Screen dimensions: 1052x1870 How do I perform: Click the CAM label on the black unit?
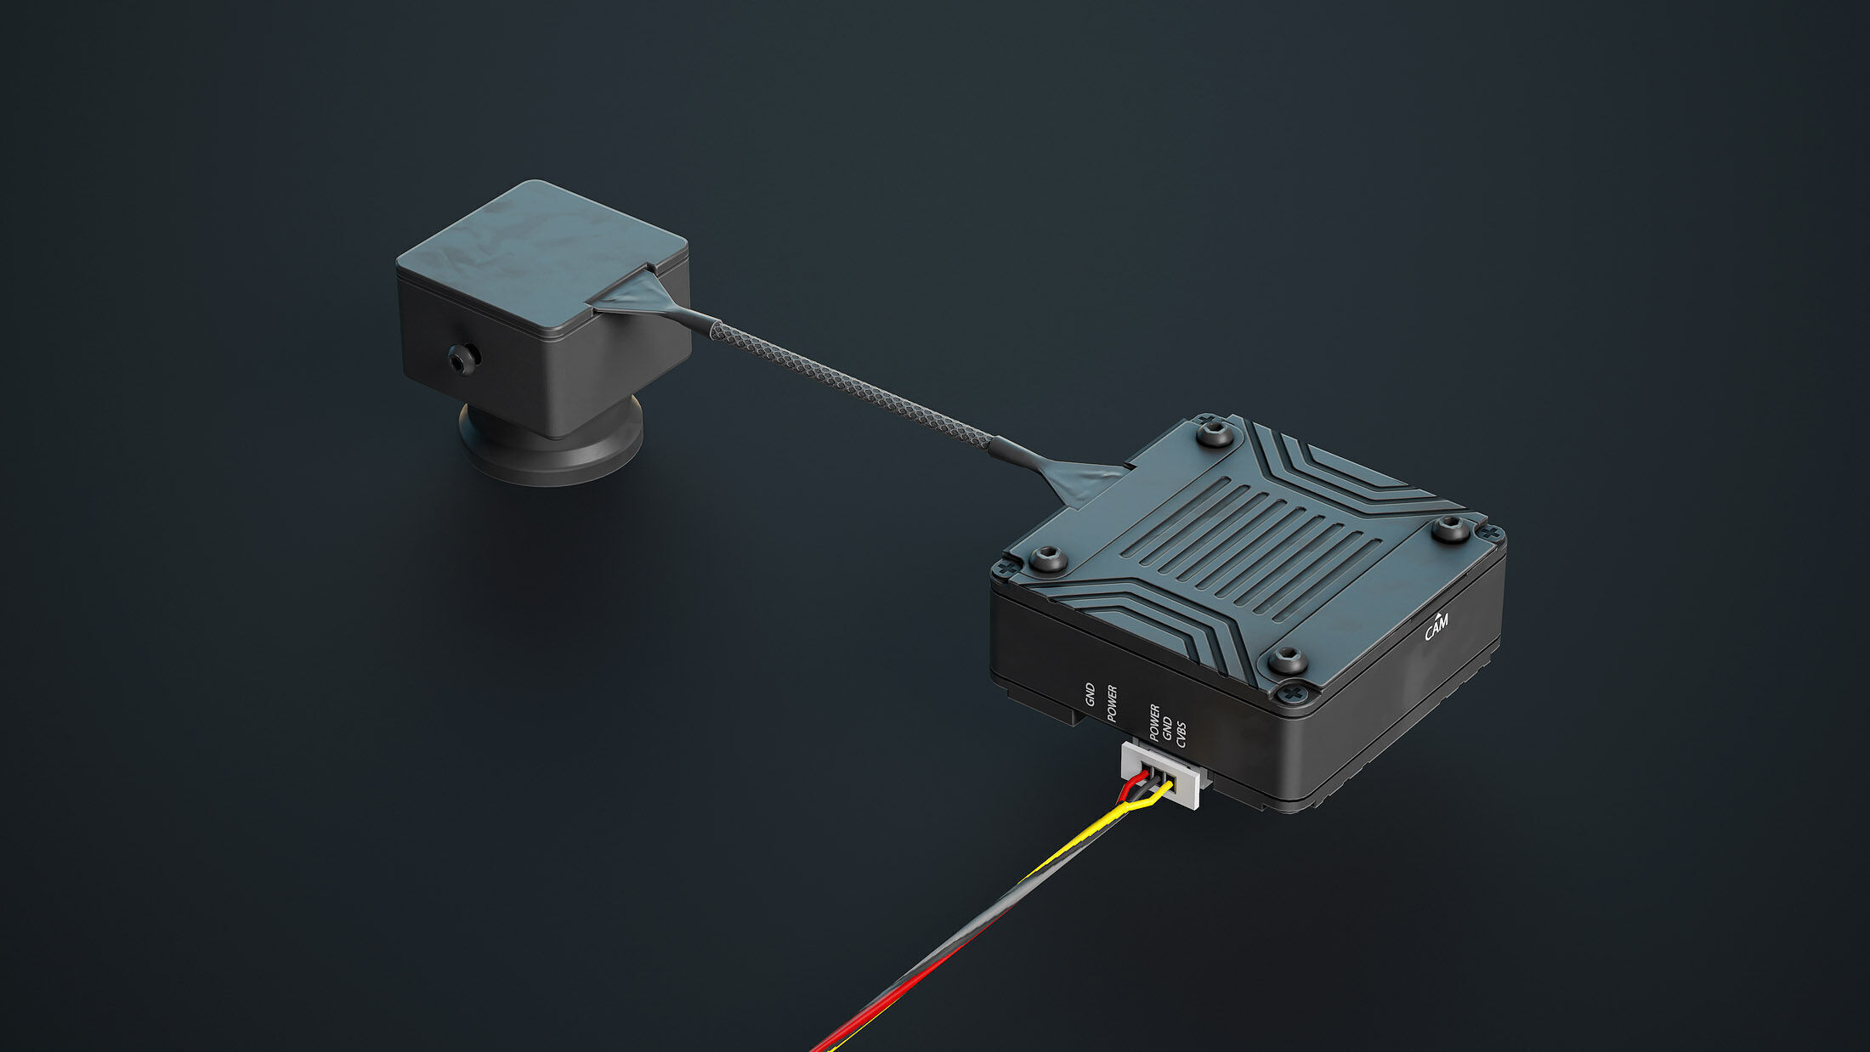(x=1436, y=628)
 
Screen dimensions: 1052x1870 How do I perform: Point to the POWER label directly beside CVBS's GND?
(x=1154, y=722)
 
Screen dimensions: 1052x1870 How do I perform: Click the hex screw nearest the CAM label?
(x=1451, y=529)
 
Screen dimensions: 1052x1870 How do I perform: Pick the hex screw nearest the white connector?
(x=1288, y=660)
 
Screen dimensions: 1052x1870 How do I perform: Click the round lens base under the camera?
(x=550, y=446)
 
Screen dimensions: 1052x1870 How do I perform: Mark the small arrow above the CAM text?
(x=1436, y=614)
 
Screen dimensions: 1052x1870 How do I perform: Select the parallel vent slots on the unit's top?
(x=1258, y=544)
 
